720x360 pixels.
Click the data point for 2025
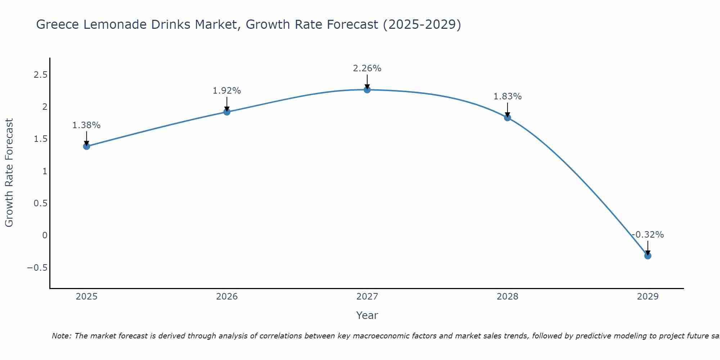[86, 146]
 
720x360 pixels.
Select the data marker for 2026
[227, 112]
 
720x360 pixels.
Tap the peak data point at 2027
[367, 90]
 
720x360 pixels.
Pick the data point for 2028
[508, 117]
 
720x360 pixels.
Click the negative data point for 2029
[648, 256]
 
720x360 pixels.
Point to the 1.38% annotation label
[86, 125]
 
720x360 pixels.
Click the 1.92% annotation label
[227, 91]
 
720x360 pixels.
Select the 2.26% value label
[367, 68]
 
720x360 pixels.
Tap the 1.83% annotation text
[508, 96]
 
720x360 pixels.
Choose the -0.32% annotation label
[648, 235]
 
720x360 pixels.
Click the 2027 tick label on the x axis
[367, 297]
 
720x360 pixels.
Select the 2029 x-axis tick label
[648, 297]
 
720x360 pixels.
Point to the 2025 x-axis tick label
[86, 297]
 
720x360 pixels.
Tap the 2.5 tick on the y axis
[40, 75]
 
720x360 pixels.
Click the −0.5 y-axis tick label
[37, 267]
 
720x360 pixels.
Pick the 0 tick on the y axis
[45, 235]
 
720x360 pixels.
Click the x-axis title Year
[367, 315]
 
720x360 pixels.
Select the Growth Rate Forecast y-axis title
[9, 173]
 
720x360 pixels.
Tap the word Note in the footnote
[61, 336]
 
